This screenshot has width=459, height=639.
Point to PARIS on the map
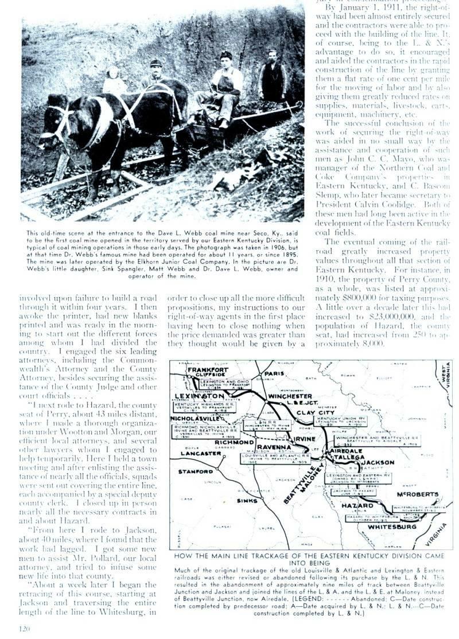(275, 373)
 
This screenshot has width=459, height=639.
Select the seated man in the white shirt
(224, 80)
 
